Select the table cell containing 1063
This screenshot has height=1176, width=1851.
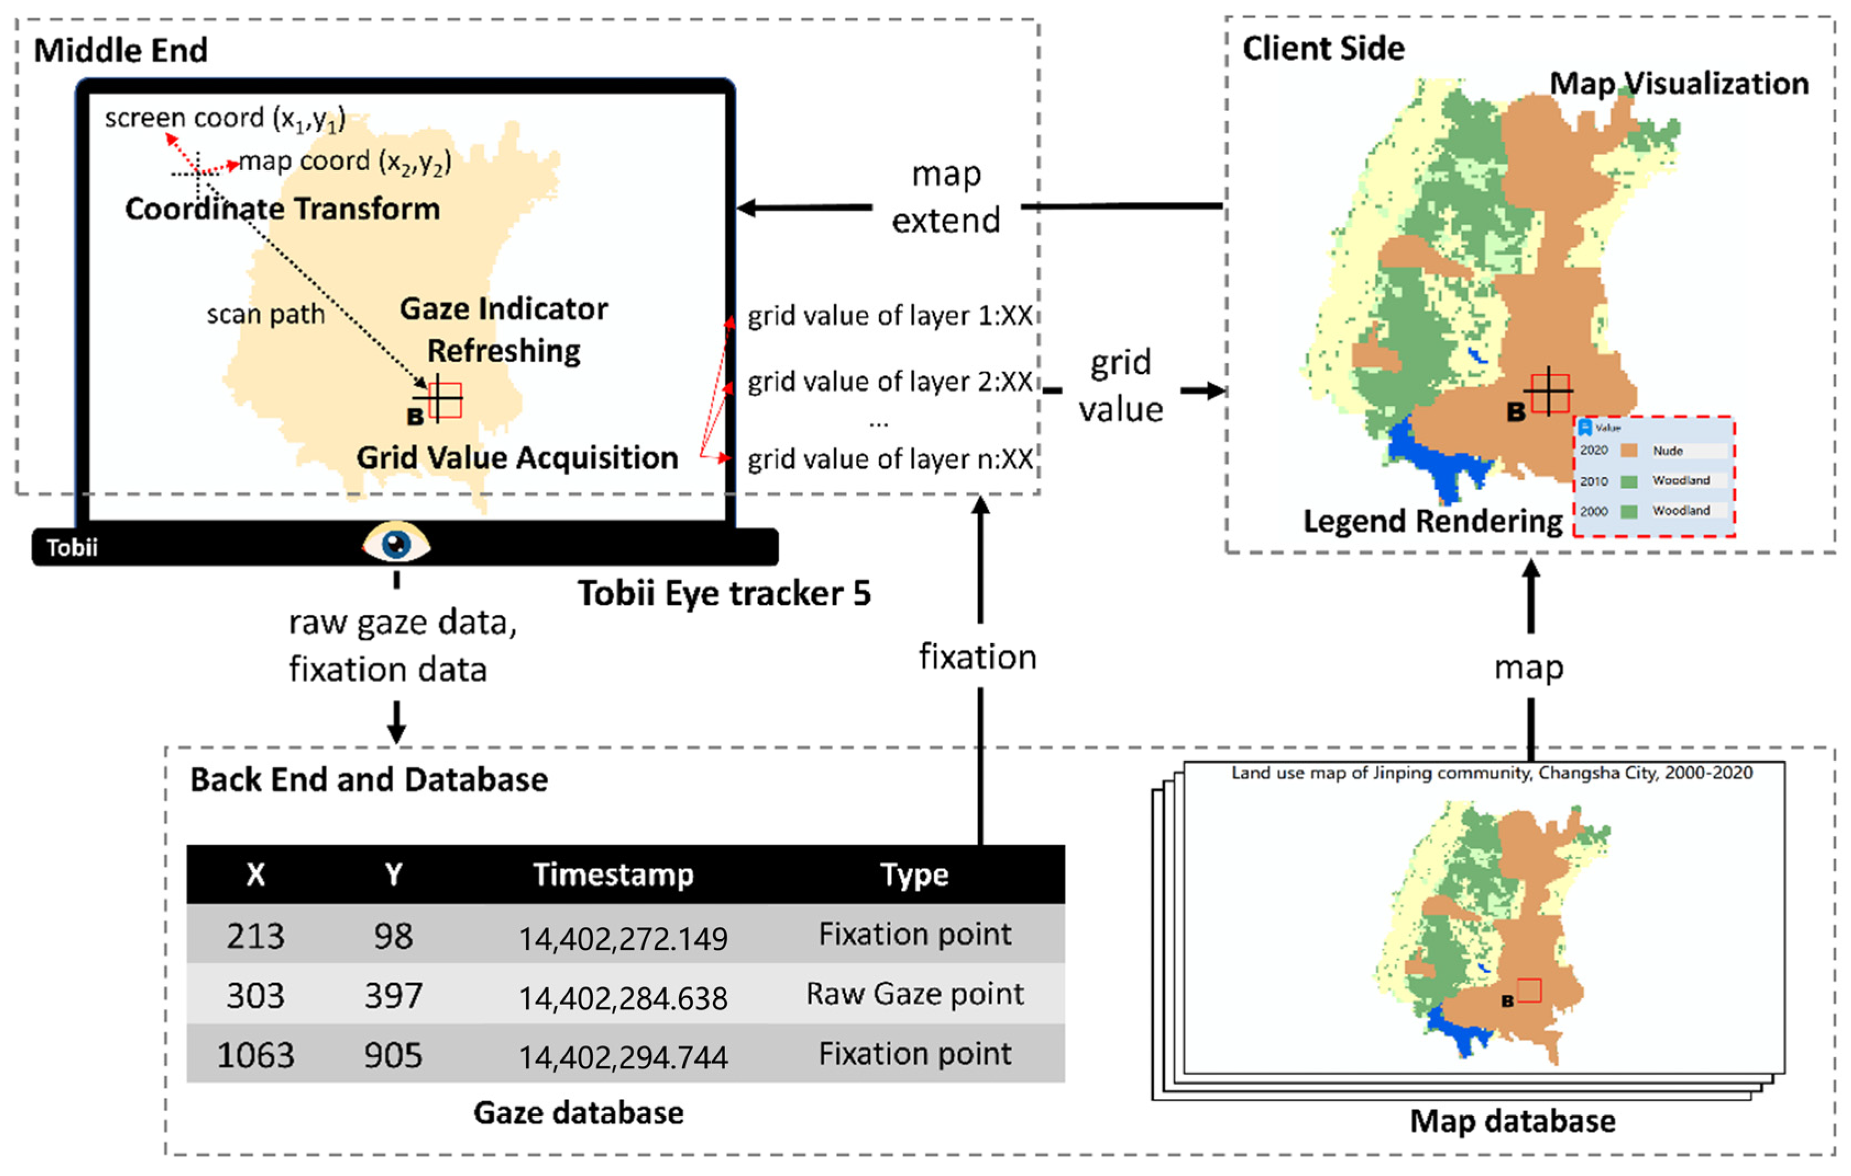point(255,1054)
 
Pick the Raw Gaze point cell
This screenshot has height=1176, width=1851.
point(914,994)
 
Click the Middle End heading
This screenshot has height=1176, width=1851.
point(121,51)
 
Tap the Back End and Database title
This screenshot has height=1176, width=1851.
point(369,779)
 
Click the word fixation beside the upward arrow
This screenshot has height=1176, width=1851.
point(978,657)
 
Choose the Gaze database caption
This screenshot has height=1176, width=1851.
point(578,1113)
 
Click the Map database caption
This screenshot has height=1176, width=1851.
point(1512,1120)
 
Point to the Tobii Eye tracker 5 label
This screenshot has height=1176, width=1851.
point(724,593)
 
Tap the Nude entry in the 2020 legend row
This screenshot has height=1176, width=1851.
point(1667,450)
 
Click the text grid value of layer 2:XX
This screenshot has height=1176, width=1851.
point(889,382)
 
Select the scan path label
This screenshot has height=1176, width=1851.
point(265,314)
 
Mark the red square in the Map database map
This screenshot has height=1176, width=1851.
point(1529,990)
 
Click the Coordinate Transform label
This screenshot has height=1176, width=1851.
point(282,208)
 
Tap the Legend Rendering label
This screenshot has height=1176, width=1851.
point(1432,521)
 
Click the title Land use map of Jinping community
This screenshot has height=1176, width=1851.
point(1491,773)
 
